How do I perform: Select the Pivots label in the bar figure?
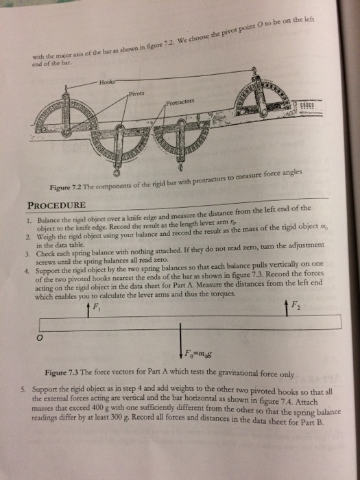click(x=137, y=94)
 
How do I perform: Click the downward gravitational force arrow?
click(x=180, y=344)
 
